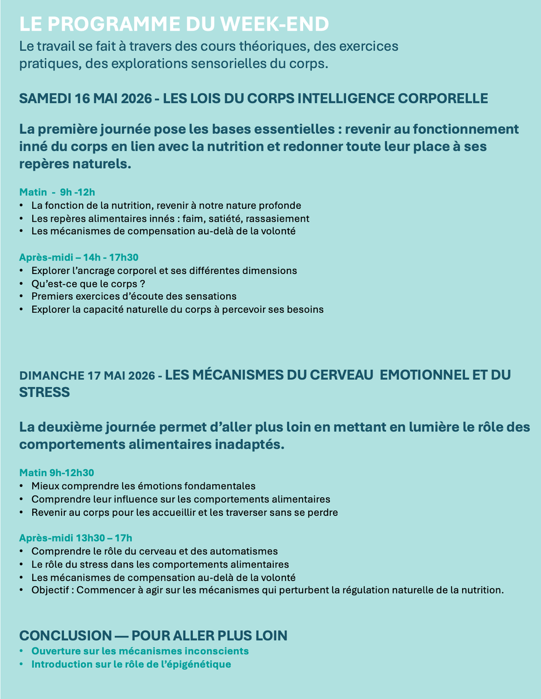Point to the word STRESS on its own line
click(44, 392)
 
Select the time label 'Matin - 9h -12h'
click(57, 192)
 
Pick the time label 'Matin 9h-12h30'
click(56, 473)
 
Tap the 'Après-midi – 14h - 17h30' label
click(78, 257)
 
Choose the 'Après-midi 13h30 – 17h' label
click(76, 538)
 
